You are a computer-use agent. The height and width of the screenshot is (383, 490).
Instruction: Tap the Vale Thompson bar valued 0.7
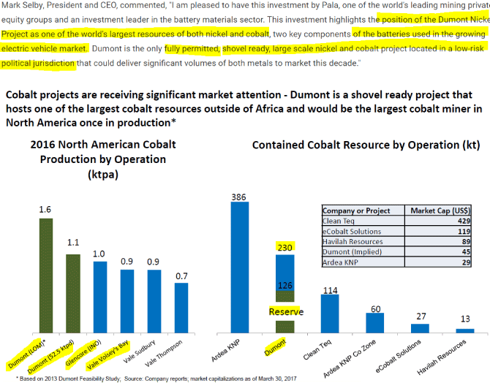(x=181, y=308)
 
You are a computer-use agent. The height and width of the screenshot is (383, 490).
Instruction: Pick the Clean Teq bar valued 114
(x=330, y=314)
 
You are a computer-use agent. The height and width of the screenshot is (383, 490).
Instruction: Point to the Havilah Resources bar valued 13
(x=464, y=330)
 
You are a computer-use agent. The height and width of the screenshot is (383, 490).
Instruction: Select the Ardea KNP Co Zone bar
(x=375, y=322)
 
